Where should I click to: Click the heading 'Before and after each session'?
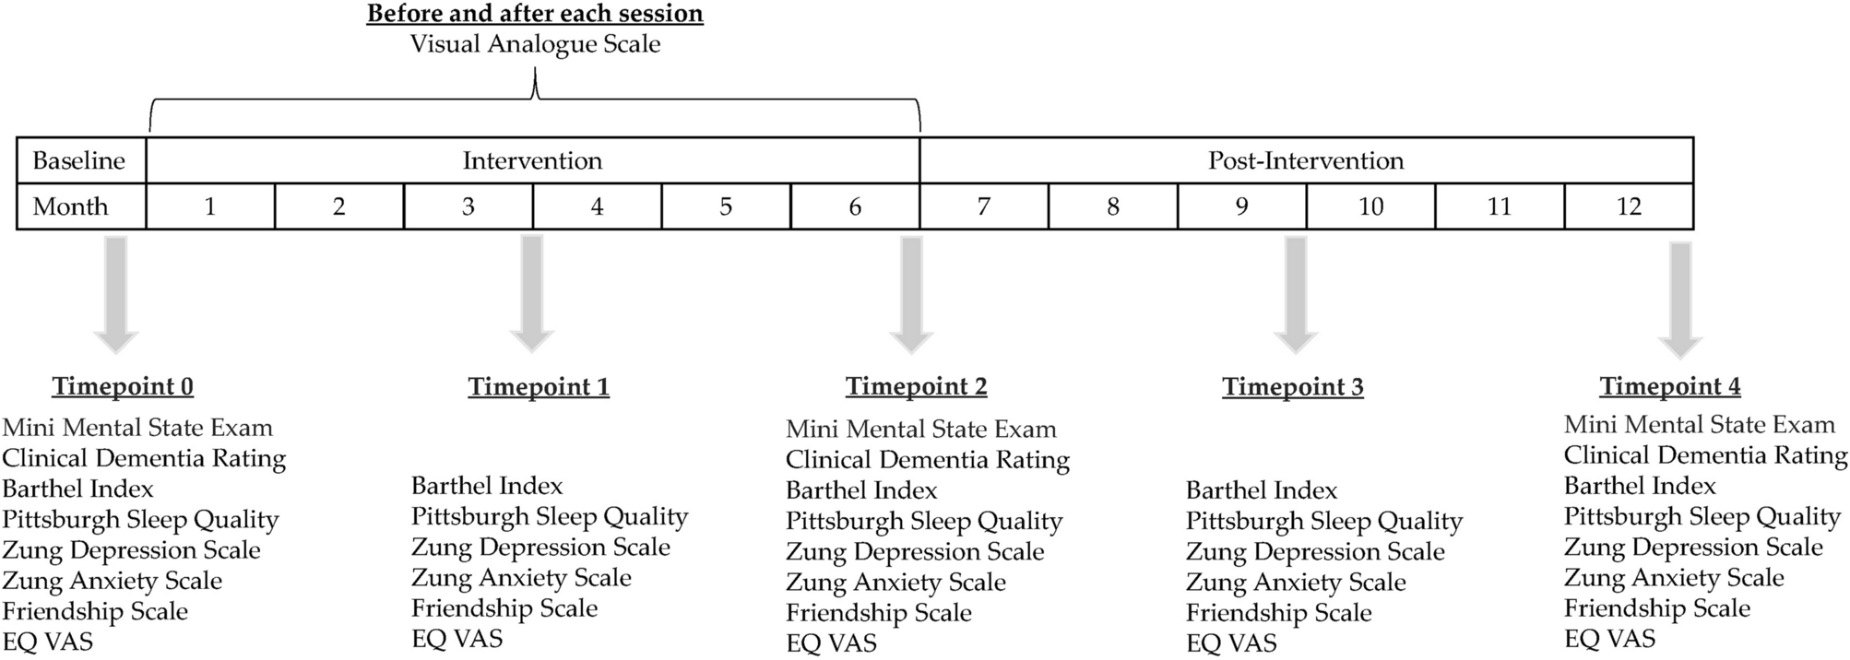(535, 14)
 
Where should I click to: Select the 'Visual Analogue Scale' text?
(535, 44)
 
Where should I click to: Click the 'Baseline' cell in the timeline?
(79, 160)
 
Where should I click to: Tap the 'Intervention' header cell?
(532, 160)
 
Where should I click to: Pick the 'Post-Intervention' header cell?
(1306, 160)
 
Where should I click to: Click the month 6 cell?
(855, 206)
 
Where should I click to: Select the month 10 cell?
(1370, 206)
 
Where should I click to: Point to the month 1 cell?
(210, 206)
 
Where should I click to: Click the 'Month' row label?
(71, 206)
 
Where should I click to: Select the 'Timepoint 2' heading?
(916, 387)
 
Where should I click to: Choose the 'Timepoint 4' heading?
(1670, 387)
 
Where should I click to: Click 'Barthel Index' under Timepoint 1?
(487, 486)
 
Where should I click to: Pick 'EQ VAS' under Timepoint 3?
(1231, 643)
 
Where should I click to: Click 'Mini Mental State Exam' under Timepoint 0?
(137, 428)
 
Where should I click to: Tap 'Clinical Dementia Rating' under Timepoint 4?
(1705, 455)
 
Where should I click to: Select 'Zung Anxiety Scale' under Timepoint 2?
(895, 583)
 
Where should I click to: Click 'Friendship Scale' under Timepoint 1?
(504, 608)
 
